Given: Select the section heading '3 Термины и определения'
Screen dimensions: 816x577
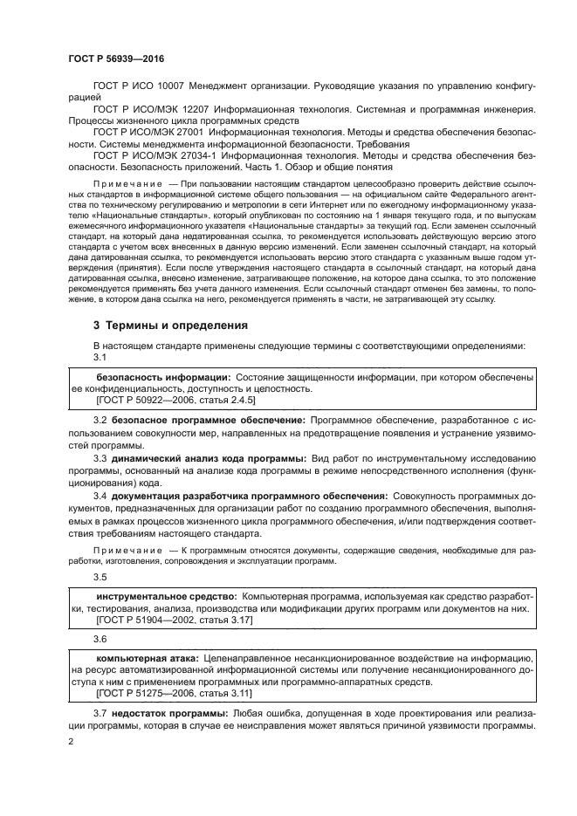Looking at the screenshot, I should click(x=171, y=325).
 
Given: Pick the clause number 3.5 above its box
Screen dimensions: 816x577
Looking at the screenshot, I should click(x=100, y=577).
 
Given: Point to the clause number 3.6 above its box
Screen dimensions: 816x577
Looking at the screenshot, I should click(x=100, y=638).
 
